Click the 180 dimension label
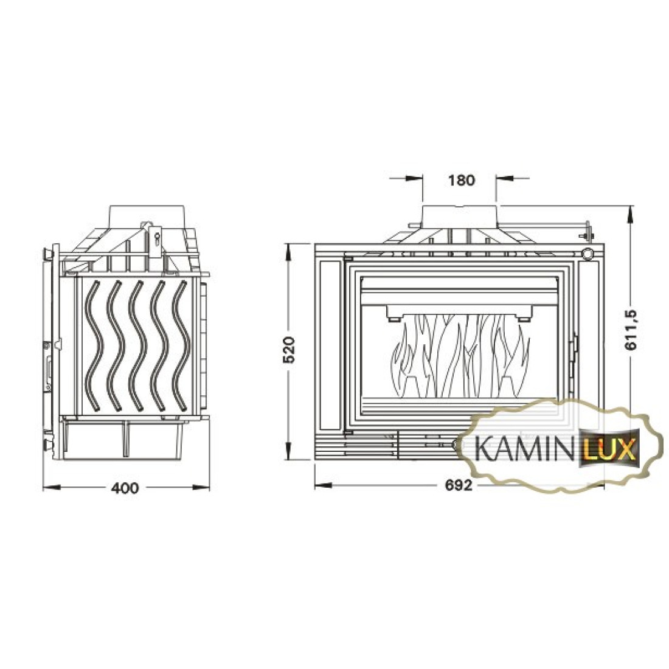(462, 181)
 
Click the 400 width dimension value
(125, 487)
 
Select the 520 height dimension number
(289, 350)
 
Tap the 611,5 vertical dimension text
(631, 330)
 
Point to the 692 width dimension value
(459, 485)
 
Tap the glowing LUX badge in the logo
(609, 451)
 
